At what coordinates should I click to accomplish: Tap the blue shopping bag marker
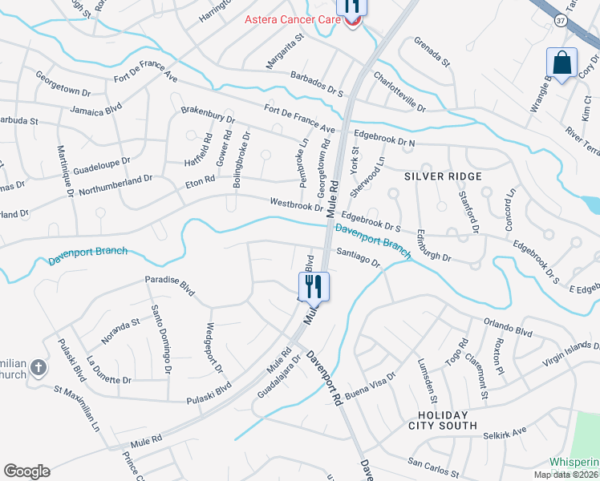point(562,63)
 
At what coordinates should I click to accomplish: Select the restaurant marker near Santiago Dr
point(311,287)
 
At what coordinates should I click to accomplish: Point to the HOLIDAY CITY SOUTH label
point(448,419)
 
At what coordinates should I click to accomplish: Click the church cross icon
point(37,369)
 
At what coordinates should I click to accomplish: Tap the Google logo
point(26,471)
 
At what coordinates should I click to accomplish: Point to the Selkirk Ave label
point(505,433)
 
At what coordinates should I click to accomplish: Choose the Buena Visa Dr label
point(370,378)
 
